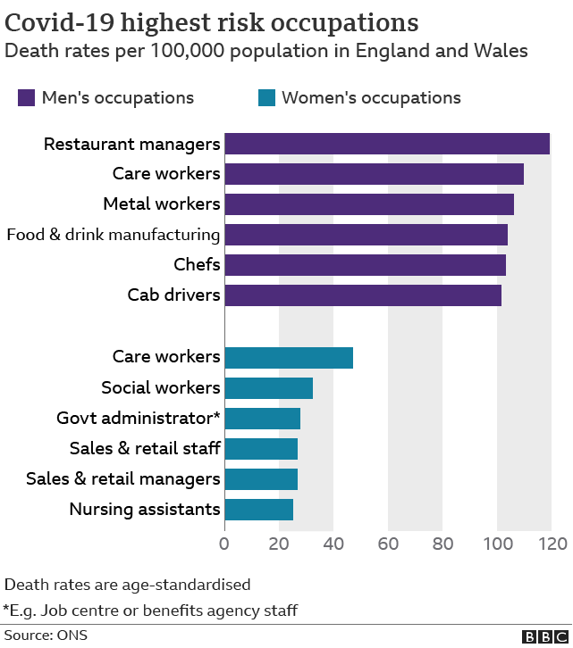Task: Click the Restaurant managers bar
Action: tap(386, 144)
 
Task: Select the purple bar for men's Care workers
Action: tap(374, 174)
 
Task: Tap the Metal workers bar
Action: tap(368, 204)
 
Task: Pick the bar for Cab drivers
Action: tap(362, 295)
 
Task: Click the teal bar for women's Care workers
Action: tap(288, 357)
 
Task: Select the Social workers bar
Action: tap(268, 388)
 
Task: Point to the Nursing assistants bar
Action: tap(258, 510)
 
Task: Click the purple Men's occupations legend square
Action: tap(26, 97)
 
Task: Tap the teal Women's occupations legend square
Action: tap(265, 97)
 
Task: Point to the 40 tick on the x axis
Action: tap(333, 544)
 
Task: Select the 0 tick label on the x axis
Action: tap(224, 544)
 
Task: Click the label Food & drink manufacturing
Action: tap(114, 235)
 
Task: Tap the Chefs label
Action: tap(197, 265)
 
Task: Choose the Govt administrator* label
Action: tap(139, 418)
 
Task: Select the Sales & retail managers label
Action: tap(123, 479)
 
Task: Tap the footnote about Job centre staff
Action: tap(150, 611)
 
